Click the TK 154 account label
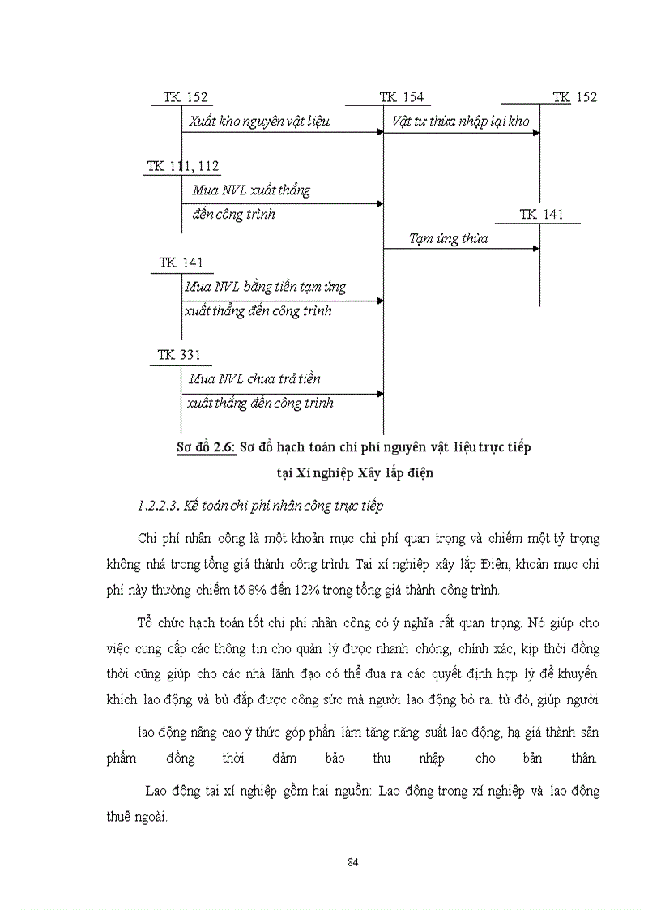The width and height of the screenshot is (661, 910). point(401,97)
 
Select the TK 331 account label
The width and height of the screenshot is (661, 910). point(180,355)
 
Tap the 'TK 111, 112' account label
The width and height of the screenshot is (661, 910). point(183,166)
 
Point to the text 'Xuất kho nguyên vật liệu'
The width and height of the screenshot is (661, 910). point(260,121)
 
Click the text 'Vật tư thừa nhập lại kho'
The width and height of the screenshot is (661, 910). point(460,121)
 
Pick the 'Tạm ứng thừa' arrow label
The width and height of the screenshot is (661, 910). point(448,239)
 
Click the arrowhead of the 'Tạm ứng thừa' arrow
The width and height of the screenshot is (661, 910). point(535,248)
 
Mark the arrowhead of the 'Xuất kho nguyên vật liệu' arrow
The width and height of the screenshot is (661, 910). point(380,132)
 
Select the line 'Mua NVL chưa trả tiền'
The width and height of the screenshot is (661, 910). point(254,378)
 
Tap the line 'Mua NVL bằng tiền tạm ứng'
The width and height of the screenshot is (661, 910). point(265,287)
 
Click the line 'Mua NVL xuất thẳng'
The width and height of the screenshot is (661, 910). point(251,190)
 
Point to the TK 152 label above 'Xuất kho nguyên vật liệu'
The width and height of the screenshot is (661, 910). point(186,97)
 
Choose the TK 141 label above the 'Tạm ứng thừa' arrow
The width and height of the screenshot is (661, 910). point(541,215)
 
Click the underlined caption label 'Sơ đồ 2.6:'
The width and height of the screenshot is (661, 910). point(207,446)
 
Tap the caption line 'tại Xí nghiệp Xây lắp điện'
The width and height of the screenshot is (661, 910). point(354,473)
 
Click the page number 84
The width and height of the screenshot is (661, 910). point(352,861)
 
